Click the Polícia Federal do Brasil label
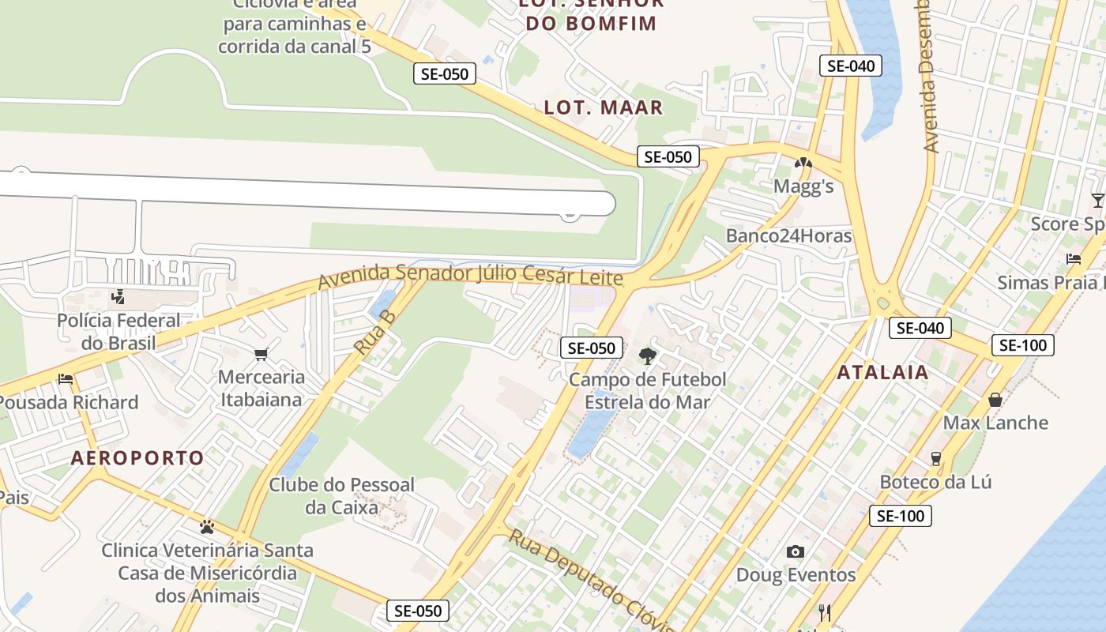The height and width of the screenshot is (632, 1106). pos(118,332)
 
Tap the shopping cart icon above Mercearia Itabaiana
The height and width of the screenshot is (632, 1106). pos(261,354)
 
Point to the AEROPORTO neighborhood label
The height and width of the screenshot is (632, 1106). pos(137,457)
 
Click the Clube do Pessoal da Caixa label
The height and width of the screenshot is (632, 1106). pos(341,496)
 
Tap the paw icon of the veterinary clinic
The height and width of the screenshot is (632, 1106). pos(207,526)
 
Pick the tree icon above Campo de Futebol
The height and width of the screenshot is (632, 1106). pos(648,355)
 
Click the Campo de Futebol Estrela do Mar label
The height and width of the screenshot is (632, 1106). pos(647,391)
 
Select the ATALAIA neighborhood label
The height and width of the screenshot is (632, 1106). pos(882,372)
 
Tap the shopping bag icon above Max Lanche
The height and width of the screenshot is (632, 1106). pos(995,400)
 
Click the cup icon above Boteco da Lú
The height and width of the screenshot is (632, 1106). pos(936,458)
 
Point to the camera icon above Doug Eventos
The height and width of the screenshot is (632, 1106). pos(796,551)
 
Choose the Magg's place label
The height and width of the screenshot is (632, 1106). pos(803,186)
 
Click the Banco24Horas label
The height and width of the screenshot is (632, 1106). pos(788,235)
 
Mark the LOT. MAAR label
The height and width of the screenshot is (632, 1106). pos(603,107)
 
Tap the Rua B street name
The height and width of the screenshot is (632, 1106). pos(374,333)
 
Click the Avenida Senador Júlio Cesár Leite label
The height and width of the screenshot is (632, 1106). pos(470,276)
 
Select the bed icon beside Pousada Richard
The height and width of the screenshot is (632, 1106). pos(66,379)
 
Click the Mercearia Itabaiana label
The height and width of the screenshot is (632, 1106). pos(261,388)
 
